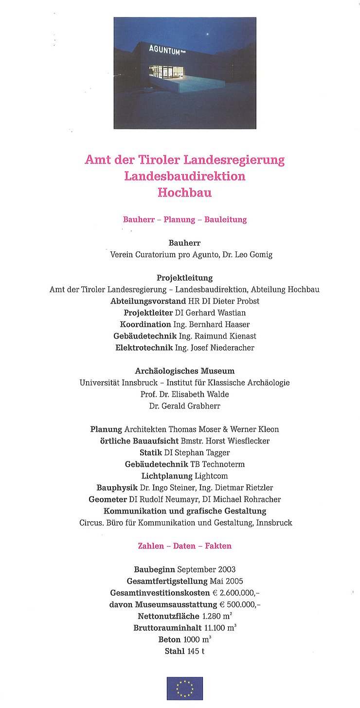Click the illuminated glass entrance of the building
(163, 72)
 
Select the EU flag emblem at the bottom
(184, 688)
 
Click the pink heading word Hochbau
(184, 192)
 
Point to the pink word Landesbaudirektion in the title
(184, 176)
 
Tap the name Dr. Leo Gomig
(247, 254)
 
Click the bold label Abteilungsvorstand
(148, 301)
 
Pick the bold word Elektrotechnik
(144, 348)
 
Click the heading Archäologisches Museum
(184, 371)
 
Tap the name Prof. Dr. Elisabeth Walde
(184, 394)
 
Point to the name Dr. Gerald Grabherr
(184, 406)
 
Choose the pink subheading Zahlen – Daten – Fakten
(184, 546)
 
